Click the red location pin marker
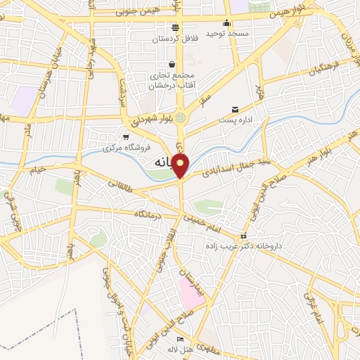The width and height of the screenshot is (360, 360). tap(181, 165)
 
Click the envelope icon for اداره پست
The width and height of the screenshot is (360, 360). tap(235, 110)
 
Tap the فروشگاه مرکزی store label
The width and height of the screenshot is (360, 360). tap(123, 148)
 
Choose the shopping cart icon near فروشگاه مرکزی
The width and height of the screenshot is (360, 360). tap(125, 137)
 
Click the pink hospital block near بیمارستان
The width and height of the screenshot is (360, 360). tap(191, 292)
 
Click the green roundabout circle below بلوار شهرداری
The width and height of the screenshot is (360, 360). tap(181, 117)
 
